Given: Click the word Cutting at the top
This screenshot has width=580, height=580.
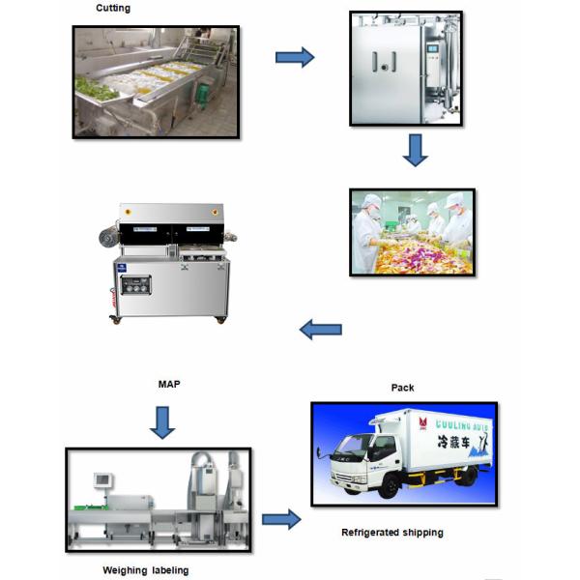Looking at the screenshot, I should pos(112,9).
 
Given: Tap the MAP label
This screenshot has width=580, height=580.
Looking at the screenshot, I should pos(169,384).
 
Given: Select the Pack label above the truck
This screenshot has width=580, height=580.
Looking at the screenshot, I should pos(402,388).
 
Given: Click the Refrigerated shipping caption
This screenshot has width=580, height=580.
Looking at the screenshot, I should pos(392,533).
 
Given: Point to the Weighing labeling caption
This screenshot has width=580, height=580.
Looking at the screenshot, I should pos(146,570).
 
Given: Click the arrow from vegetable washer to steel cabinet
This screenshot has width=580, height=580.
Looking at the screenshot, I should pos(295,58).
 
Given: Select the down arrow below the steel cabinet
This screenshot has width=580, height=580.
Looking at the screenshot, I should pos(416,150).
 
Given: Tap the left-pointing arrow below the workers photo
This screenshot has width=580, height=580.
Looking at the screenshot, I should pos(320,330).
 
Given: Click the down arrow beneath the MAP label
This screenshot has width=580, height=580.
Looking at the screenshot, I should pos(162,421).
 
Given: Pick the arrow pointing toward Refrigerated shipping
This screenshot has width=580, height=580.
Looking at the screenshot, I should pos(280,519).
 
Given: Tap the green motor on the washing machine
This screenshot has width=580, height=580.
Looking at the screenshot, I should pos(203,94).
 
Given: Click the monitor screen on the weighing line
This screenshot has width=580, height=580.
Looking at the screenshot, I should pos(101,480).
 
